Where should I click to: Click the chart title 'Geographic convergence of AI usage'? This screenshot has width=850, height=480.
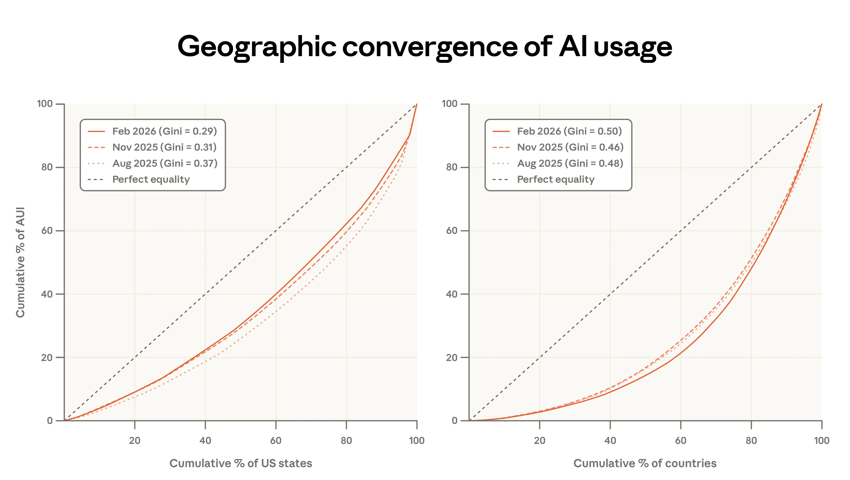tap(425, 47)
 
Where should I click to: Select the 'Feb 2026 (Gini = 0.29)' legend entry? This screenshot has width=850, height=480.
tap(164, 131)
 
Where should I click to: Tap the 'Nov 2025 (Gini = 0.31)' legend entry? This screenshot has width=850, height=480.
tap(164, 147)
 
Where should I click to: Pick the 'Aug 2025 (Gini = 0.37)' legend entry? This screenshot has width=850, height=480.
tap(165, 163)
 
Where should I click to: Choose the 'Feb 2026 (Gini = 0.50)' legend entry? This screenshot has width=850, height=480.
tap(569, 131)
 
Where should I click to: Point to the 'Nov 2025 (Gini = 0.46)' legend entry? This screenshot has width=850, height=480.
tap(570, 147)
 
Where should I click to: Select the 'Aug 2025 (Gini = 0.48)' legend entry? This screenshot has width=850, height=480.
tap(570, 163)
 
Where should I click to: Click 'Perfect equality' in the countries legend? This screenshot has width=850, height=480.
tap(556, 179)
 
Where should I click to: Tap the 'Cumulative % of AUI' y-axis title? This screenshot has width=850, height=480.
tap(20, 262)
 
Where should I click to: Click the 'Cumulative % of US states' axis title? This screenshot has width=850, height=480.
tap(241, 463)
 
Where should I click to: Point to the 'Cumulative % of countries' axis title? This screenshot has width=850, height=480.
tap(645, 463)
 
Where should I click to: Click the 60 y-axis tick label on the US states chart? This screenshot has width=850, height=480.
tap(47, 231)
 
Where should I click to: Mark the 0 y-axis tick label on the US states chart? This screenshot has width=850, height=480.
tap(50, 421)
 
